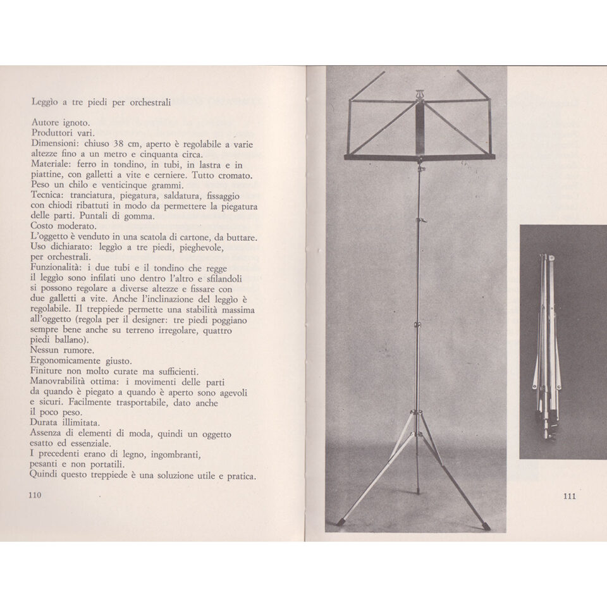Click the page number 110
[35, 495]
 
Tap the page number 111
[569, 496]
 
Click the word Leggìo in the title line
[46, 101]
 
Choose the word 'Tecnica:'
[48, 195]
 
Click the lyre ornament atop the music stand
[418, 95]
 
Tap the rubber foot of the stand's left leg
[341, 522]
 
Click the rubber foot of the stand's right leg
[486, 525]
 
